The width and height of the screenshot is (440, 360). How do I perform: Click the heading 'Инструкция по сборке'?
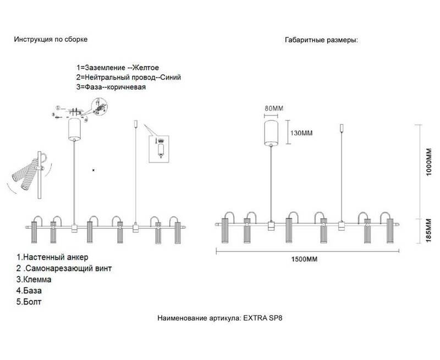point(51,40)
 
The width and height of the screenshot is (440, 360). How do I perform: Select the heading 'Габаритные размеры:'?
point(321,41)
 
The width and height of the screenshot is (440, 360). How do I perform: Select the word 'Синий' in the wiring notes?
point(169,77)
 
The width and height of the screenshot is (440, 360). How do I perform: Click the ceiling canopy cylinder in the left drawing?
point(74,129)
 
